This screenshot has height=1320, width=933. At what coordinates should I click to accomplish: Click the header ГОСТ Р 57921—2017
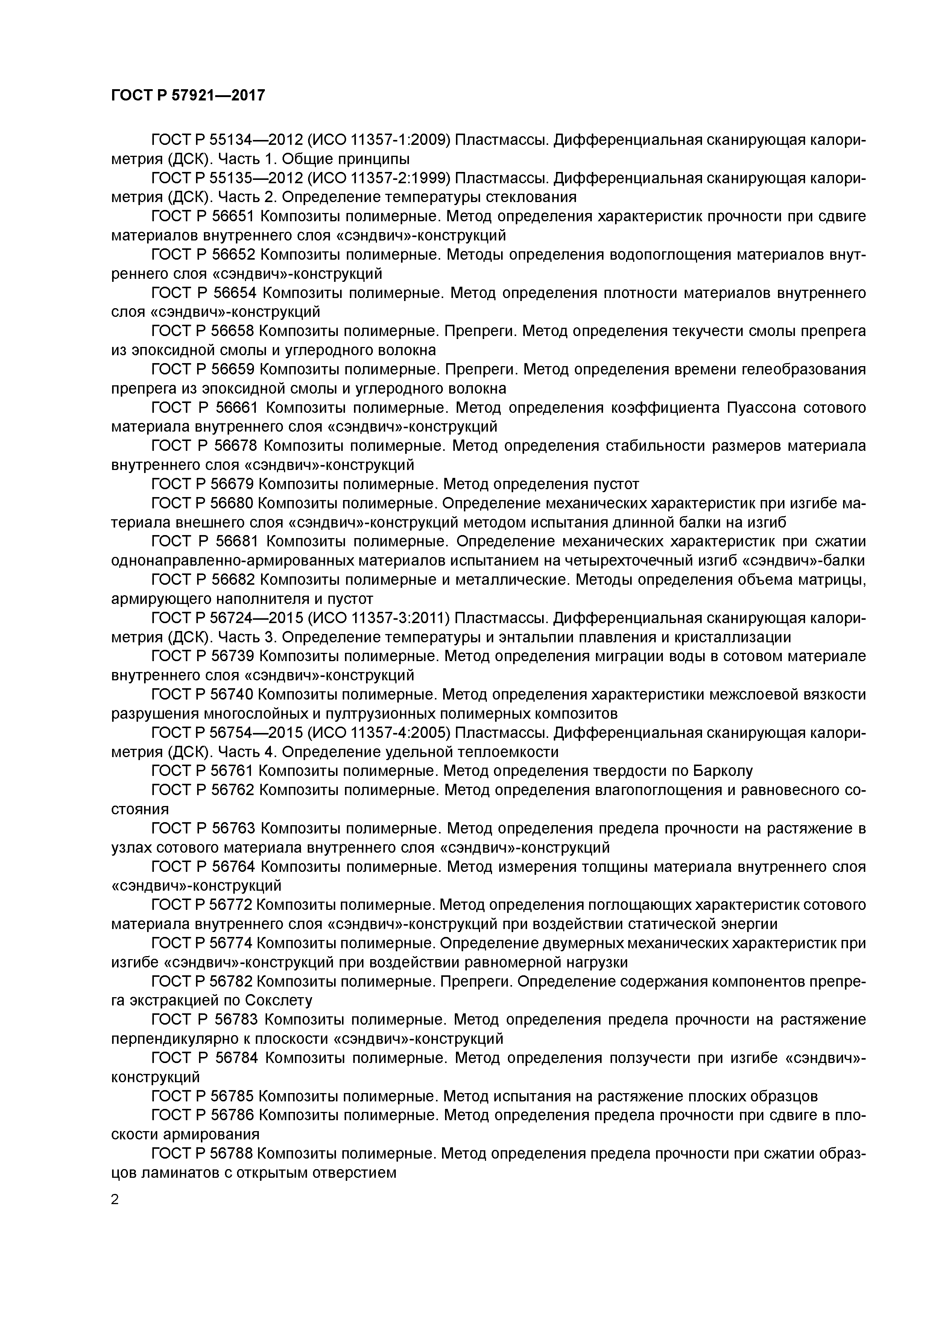(188, 95)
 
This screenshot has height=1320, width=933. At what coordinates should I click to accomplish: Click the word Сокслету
(278, 1001)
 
